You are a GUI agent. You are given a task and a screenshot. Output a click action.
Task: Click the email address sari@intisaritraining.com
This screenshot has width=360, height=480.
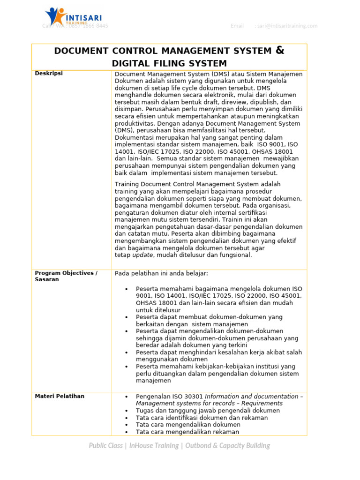(287, 26)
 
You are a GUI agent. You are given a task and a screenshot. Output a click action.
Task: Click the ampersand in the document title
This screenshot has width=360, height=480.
(280, 51)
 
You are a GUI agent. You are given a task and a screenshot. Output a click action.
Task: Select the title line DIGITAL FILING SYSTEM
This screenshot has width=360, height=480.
(169, 64)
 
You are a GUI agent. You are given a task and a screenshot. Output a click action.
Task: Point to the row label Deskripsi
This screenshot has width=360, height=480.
(49, 74)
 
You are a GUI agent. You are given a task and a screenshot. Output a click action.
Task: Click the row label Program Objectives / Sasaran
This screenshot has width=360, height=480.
(66, 276)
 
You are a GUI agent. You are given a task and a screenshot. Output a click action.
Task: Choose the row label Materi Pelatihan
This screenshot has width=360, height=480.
(60, 397)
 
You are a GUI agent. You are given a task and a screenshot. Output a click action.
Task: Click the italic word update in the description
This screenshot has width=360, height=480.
(142, 255)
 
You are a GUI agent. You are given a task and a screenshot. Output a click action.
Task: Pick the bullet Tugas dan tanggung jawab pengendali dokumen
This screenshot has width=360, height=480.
(208, 411)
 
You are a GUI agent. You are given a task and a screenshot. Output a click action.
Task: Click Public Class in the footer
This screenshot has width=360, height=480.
(105, 446)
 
